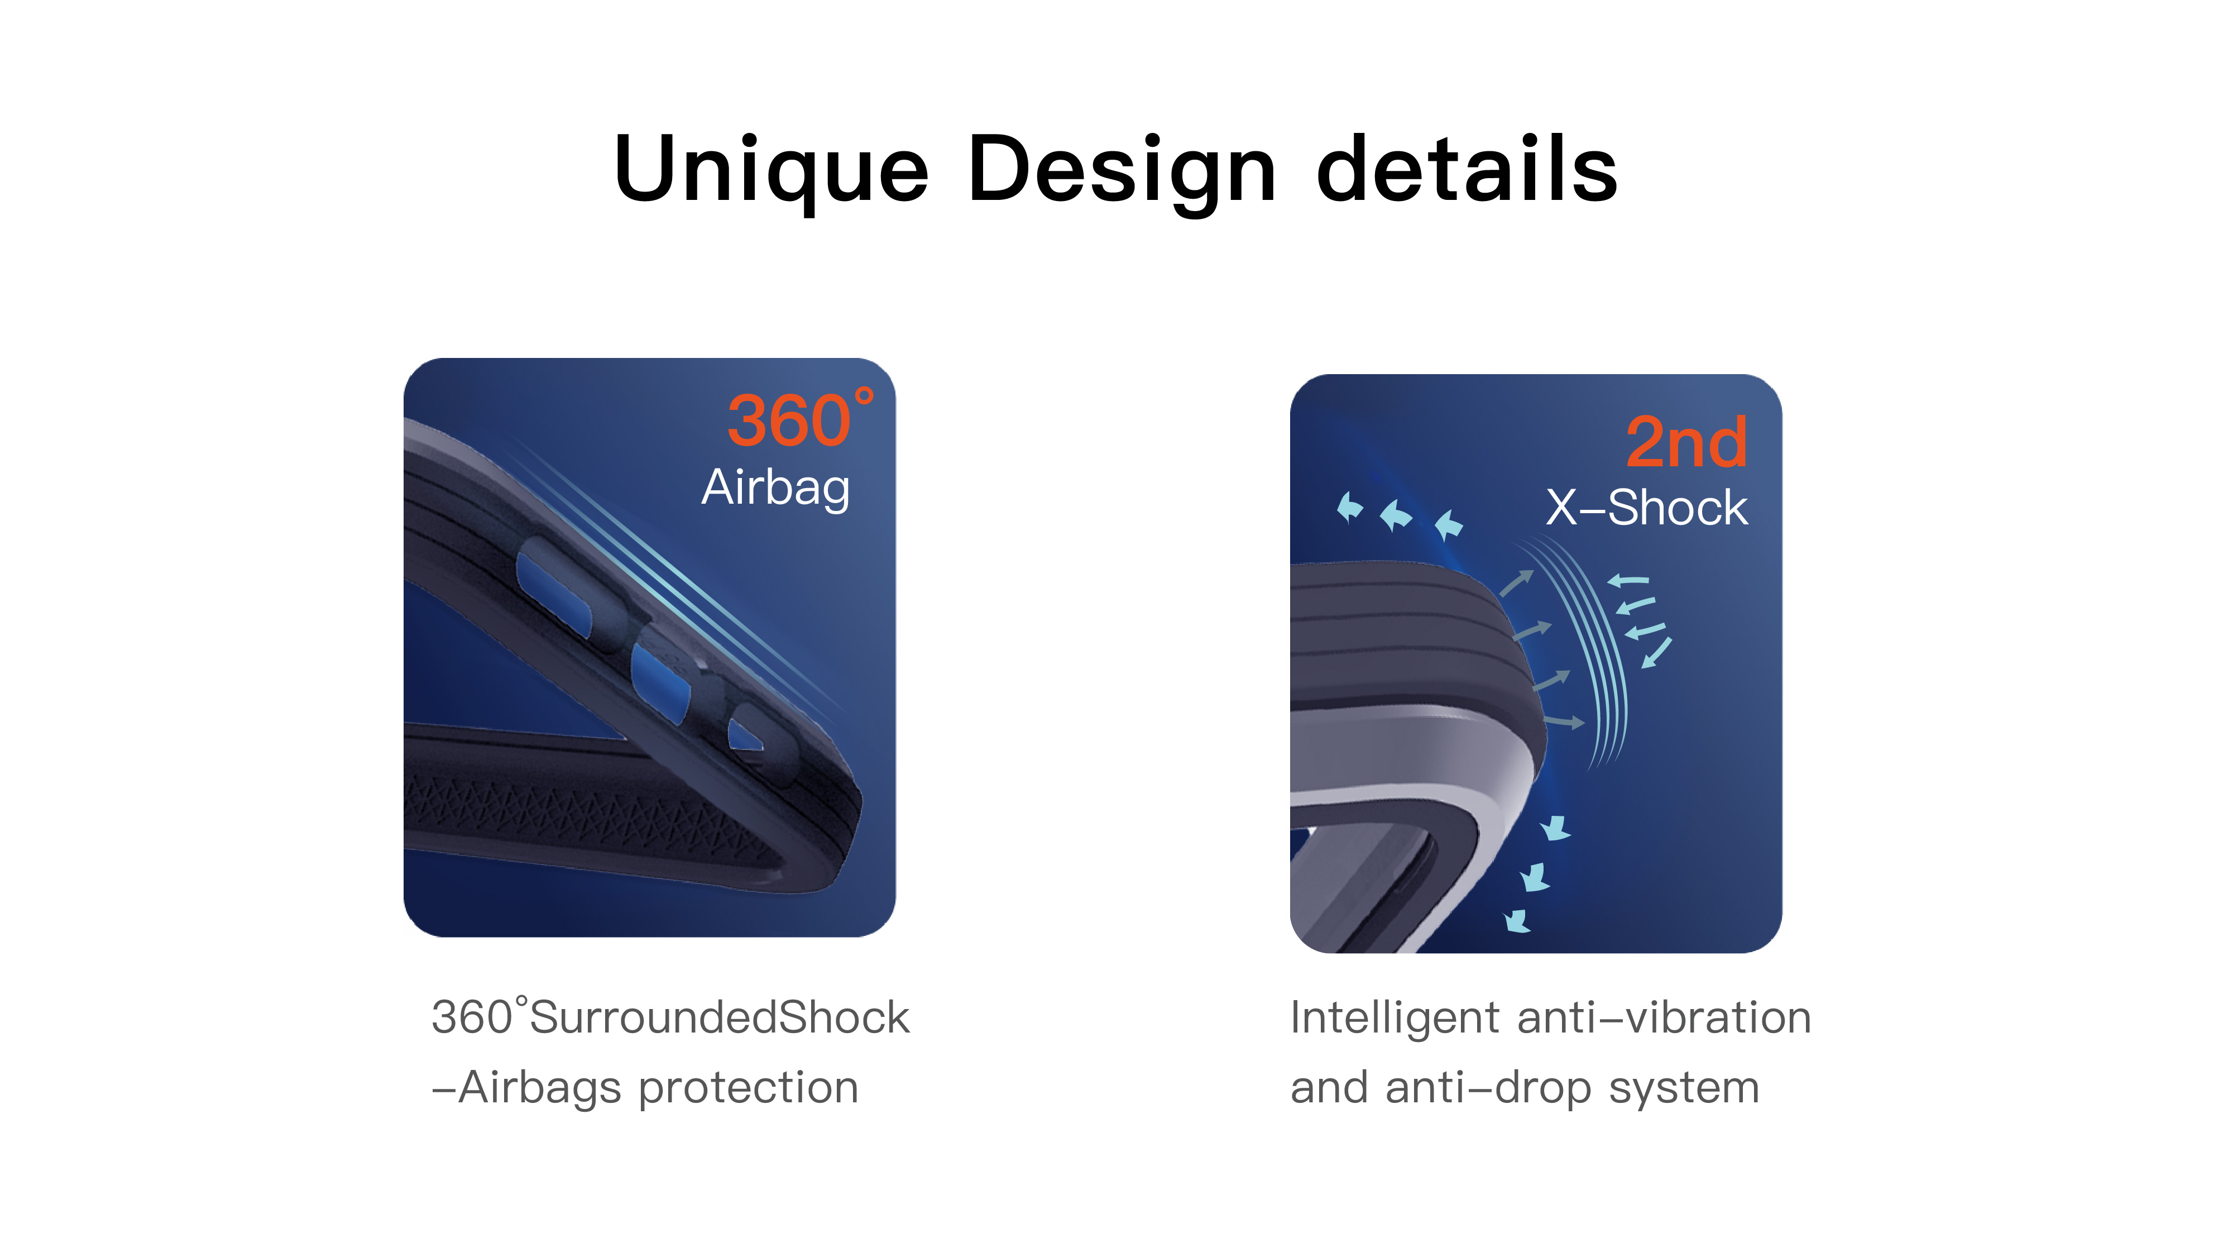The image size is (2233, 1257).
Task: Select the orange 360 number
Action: pyautogui.click(x=789, y=421)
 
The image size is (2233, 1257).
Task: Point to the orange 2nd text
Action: pyautogui.click(x=1686, y=442)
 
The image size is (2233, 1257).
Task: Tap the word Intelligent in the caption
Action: pyautogui.click(x=1394, y=1019)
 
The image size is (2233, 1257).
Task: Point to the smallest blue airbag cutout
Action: pyautogui.click(x=745, y=737)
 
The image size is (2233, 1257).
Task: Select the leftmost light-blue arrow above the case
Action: pyautogui.click(x=1349, y=507)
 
